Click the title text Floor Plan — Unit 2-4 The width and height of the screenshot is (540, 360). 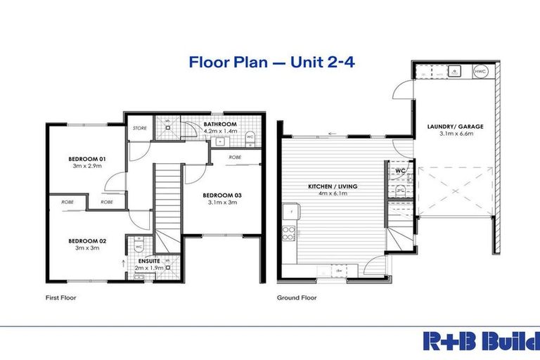[x=271, y=62]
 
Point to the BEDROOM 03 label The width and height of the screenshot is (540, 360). [x=222, y=195]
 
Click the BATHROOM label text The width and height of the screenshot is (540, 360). [x=219, y=124]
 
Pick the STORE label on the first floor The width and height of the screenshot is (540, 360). [x=139, y=129]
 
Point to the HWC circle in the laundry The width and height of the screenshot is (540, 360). [x=480, y=71]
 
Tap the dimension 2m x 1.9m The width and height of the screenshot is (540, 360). [x=148, y=268]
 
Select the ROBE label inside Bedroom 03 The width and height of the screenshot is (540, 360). [x=236, y=158]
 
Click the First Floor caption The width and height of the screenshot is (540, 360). [x=61, y=297]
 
